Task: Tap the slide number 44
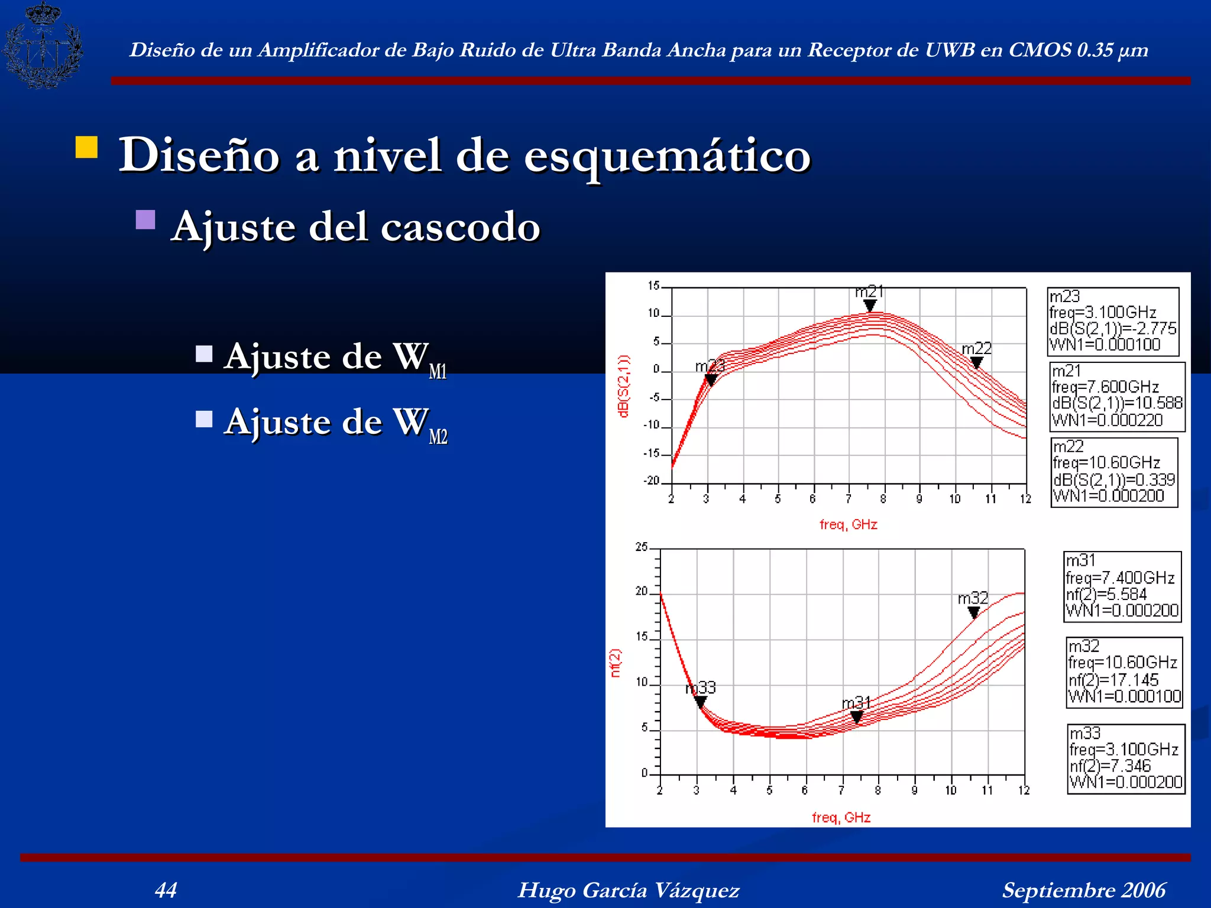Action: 166,890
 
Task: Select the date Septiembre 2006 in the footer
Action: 1083,890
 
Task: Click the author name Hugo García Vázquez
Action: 629,890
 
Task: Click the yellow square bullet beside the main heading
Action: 86,147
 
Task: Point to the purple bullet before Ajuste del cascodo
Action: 145,220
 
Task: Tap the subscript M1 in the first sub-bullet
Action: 438,372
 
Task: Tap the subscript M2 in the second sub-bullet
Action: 438,437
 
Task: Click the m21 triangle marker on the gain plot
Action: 870,305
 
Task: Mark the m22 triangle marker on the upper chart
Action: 977,362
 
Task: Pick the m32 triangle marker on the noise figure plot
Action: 974,612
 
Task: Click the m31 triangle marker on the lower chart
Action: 857,717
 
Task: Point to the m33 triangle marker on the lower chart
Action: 700,702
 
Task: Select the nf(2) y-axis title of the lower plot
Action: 616,663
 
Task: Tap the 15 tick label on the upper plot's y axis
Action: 653,286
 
